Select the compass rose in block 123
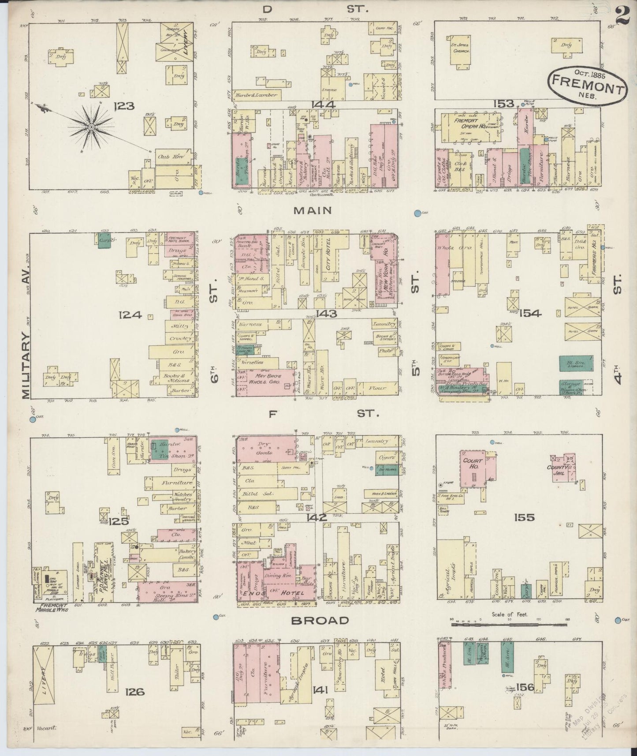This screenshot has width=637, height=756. (91, 127)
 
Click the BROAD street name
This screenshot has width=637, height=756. (320, 621)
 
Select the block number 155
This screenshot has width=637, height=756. (524, 517)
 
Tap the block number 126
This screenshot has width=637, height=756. (134, 692)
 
